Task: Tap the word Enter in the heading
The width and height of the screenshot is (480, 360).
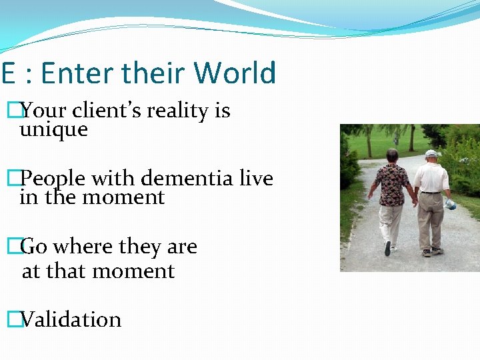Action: point(75,73)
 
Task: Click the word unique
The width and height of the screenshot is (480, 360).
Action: point(53,130)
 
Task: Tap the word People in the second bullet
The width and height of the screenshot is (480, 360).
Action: point(53,179)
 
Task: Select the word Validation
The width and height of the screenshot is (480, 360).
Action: point(71,320)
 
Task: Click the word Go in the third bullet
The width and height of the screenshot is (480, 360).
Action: point(34,247)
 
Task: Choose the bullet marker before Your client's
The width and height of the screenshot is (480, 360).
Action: point(11,111)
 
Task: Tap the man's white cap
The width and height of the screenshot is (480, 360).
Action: point(432,154)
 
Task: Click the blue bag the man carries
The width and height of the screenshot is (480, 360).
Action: point(450,204)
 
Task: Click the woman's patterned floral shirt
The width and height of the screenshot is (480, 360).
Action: point(393,184)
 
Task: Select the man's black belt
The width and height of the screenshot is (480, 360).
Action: point(431,193)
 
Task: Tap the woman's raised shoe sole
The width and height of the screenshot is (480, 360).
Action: point(387,248)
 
